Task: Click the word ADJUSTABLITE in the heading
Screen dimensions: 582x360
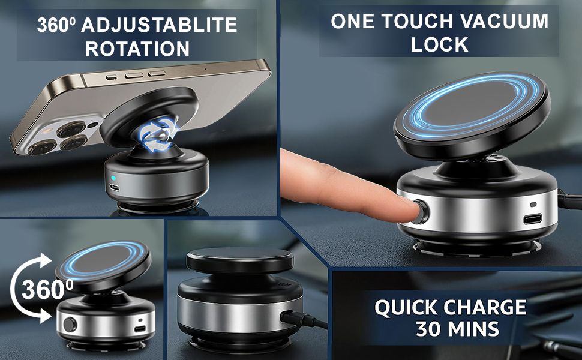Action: [x=159, y=25]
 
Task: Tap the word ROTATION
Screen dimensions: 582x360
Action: [x=137, y=49]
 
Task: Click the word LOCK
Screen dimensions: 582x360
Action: [x=439, y=44]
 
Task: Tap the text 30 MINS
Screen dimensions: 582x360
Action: [x=457, y=328]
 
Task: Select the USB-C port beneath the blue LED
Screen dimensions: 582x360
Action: [x=115, y=187]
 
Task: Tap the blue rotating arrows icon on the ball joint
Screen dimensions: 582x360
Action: [x=158, y=134]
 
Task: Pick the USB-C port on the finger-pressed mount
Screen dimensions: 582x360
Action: [x=532, y=219]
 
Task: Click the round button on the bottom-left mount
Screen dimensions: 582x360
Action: [x=70, y=325]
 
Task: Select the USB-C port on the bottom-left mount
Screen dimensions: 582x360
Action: [x=140, y=329]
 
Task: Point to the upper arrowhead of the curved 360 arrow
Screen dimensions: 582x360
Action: [x=45, y=260]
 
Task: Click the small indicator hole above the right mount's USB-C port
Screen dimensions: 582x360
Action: [x=533, y=205]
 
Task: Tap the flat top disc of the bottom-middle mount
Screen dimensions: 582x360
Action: [x=240, y=259]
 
